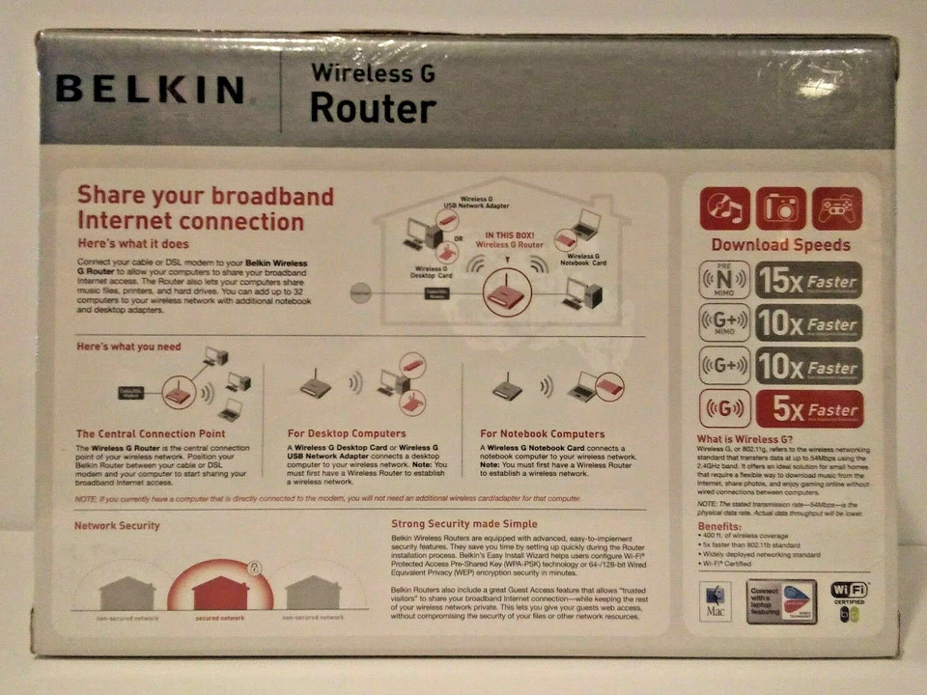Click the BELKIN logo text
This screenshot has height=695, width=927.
coord(150,90)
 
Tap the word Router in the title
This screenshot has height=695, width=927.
coord(373,108)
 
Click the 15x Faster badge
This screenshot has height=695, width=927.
coord(808,281)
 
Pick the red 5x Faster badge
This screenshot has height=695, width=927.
coord(808,409)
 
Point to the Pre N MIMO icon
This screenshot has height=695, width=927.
coord(723,281)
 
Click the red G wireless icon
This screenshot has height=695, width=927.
coord(723,409)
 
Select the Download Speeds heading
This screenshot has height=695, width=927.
coord(780,245)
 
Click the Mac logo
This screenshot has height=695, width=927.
coord(716,600)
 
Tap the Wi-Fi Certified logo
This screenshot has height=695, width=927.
coord(849,600)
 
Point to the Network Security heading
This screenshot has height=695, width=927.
coord(117,526)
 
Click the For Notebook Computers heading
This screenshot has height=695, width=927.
coord(542,434)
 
